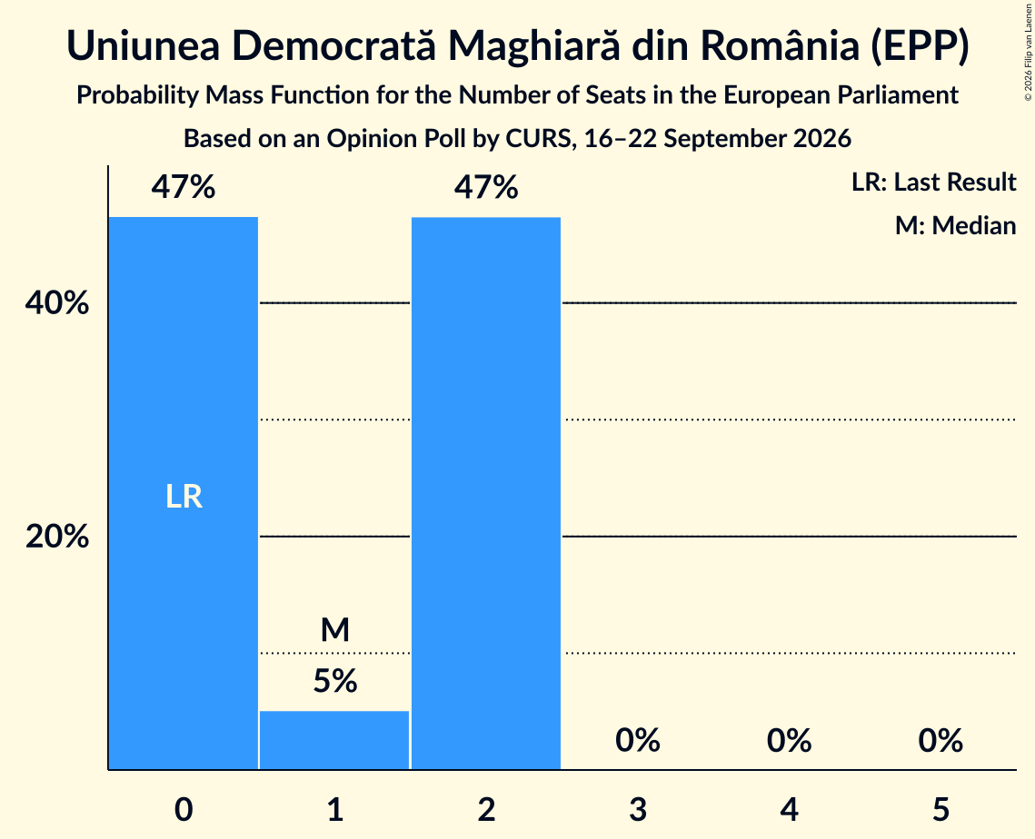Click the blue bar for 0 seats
click(184, 493)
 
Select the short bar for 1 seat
click(334, 740)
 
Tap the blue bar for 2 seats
click(486, 493)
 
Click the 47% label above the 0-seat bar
click(184, 187)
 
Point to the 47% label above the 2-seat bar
click(486, 187)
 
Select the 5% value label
click(335, 681)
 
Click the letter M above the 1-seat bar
click(335, 629)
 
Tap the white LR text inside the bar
click(184, 496)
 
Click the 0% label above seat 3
click(638, 740)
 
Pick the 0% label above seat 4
click(789, 740)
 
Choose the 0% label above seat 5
click(940, 740)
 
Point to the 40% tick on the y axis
click(57, 302)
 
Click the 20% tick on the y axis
click(57, 537)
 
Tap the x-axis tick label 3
click(638, 809)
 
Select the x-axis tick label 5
click(940, 809)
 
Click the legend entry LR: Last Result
click(934, 182)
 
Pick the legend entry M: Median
click(956, 225)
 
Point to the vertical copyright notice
click(1028, 52)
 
